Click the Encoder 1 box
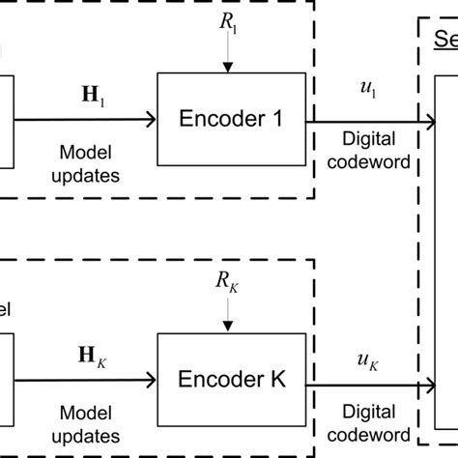(x=232, y=120)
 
